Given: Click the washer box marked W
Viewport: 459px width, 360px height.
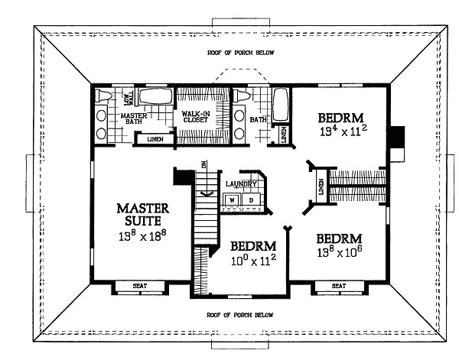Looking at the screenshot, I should [x=231, y=199].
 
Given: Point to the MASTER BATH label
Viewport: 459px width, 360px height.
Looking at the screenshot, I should [x=135, y=119].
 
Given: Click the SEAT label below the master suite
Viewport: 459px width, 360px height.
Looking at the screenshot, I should [x=139, y=287].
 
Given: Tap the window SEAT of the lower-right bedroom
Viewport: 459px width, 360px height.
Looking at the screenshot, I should [x=337, y=287].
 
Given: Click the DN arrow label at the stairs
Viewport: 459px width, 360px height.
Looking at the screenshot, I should [x=203, y=165].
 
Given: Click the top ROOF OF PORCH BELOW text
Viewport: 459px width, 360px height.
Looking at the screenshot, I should [x=240, y=53].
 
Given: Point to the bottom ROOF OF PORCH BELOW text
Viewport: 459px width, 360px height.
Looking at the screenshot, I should [x=240, y=315].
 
